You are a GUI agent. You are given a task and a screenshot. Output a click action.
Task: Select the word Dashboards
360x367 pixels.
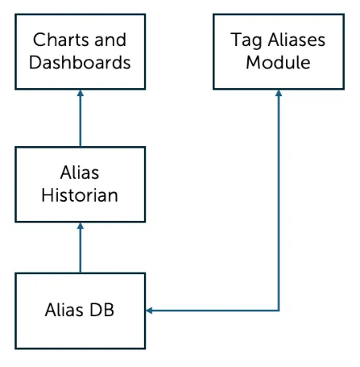pyautogui.click(x=80, y=62)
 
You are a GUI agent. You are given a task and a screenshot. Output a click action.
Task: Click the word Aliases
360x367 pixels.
pyautogui.click(x=294, y=40)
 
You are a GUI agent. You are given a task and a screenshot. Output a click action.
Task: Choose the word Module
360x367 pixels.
pyautogui.click(x=277, y=62)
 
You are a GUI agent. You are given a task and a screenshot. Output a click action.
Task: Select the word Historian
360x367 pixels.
pyautogui.click(x=80, y=195)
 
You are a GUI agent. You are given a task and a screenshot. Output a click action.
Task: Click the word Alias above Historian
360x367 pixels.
pyautogui.click(x=80, y=172)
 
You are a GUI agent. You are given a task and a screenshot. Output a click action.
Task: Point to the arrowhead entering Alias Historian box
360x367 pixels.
pyautogui.click(x=80, y=227)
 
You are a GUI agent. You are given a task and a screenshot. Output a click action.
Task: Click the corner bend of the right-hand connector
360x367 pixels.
pyautogui.click(x=278, y=310)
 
